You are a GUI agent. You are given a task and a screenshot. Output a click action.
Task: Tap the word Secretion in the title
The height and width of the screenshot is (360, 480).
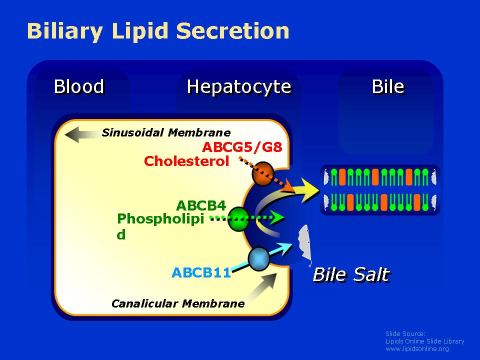pyautogui.click(x=233, y=31)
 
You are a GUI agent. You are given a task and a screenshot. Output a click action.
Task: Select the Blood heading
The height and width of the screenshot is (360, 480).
pyautogui.click(x=79, y=86)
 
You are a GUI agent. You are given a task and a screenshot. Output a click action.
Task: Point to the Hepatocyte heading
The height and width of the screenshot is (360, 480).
pyautogui.click(x=239, y=87)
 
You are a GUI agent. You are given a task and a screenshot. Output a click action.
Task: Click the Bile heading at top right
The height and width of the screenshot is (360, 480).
pyautogui.click(x=388, y=86)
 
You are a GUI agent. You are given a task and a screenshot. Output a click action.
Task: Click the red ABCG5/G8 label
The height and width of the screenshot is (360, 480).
pyautogui.click(x=242, y=147)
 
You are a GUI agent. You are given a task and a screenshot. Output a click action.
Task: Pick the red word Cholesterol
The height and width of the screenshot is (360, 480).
pyautogui.click(x=186, y=161)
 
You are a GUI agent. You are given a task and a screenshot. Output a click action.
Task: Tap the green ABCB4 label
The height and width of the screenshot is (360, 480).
pyautogui.click(x=201, y=205)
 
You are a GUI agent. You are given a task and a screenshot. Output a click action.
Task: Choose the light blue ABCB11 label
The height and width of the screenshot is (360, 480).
pyautogui.click(x=201, y=272)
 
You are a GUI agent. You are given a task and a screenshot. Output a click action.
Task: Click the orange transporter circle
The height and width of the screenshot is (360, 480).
pyautogui.click(x=262, y=174)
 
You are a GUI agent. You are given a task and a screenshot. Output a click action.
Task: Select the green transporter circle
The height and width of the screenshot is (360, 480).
pyautogui.click(x=238, y=219)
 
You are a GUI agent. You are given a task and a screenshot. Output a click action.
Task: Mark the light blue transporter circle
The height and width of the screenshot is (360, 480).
pyautogui.click(x=259, y=259)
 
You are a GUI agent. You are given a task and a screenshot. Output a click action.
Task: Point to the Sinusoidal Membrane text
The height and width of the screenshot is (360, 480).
pyautogui.click(x=166, y=132)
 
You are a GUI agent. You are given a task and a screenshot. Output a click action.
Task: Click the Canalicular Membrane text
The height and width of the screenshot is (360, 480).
pyautogui.click(x=178, y=303)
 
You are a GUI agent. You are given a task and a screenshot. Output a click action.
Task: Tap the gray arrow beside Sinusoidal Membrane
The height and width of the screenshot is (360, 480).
pyautogui.click(x=82, y=134)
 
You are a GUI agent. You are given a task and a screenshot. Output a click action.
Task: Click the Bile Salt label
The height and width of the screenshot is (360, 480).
pyautogui.click(x=351, y=274)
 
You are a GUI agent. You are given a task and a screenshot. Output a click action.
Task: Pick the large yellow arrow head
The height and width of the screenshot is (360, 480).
pyautogui.click(x=310, y=190)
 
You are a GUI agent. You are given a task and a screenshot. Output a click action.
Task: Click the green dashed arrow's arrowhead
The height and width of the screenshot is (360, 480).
pyautogui.click(x=278, y=217)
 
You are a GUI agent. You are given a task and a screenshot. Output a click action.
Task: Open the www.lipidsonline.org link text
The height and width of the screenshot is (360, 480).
pyautogui.click(x=417, y=348)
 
